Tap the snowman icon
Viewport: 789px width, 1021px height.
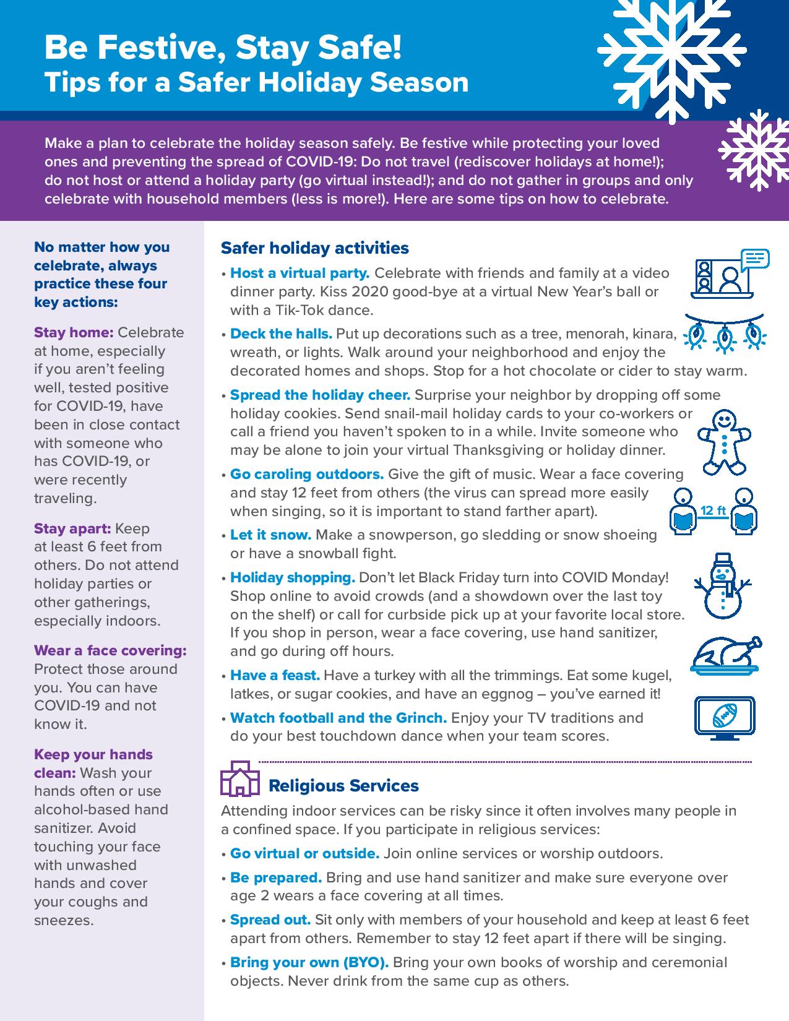click(x=722, y=585)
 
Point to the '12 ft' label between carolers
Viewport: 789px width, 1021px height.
click(x=713, y=510)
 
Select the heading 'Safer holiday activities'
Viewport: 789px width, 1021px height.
click(x=314, y=248)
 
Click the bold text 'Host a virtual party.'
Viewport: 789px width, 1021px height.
click(x=300, y=273)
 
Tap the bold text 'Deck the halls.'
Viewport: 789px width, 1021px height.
click(x=281, y=334)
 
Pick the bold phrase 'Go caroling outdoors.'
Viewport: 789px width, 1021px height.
click(x=307, y=474)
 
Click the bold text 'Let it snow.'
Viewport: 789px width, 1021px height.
click(x=270, y=534)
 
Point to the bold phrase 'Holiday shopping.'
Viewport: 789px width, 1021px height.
click(x=292, y=577)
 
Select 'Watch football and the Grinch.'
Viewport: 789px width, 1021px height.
click(x=338, y=718)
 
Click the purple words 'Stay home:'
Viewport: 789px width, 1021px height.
click(x=74, y=332)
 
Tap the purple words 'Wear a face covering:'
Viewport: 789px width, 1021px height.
click(x=110, y=650)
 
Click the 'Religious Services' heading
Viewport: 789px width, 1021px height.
click(x=343, y=786)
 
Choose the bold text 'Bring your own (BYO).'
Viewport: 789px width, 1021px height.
click(x=309, y=962)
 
